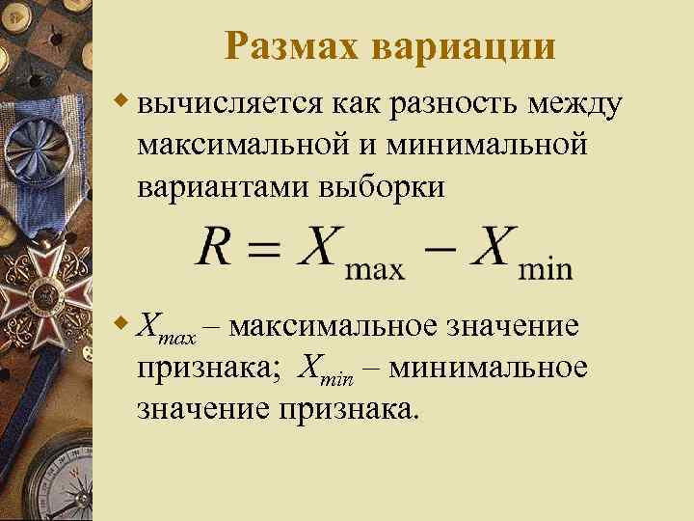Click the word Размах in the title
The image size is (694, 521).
click(291, 45)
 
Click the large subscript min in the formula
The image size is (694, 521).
click(545, 267)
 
